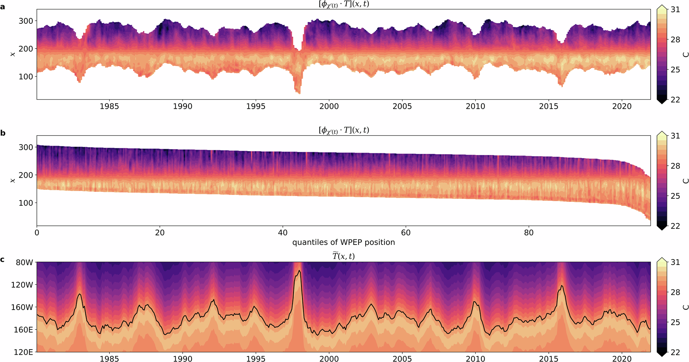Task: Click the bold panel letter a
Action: [x=3, y=7]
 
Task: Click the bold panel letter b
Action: [x=3, y=133]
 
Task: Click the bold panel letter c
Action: [x=3, y=259]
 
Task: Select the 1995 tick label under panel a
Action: [x=256, y=106]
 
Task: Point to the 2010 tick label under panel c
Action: [x=475, y=359]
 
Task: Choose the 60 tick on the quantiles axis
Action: [x=406, y=232]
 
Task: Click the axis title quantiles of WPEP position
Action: [x=343, y=242]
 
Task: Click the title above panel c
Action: [x=343, y=256]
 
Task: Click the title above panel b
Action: [x=343, y=130]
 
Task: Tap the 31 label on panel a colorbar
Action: [x=675, y=10]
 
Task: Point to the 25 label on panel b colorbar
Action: [x=675, y=196]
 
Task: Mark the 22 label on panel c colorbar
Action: [x=675, y=352]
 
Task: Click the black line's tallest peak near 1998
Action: [x=299, y=271]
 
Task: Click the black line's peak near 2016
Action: [x=562, y=286]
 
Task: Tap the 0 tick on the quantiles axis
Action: [x=37, y=232]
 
